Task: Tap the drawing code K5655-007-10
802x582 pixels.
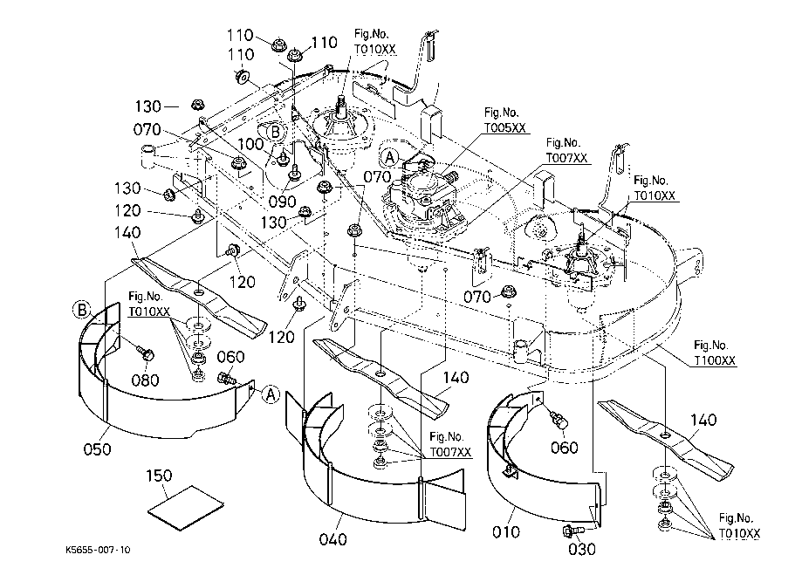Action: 98,551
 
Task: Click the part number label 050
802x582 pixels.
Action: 97,449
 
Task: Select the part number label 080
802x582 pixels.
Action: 145,380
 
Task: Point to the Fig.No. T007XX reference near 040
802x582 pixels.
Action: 449,446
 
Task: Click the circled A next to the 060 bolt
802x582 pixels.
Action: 271,395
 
